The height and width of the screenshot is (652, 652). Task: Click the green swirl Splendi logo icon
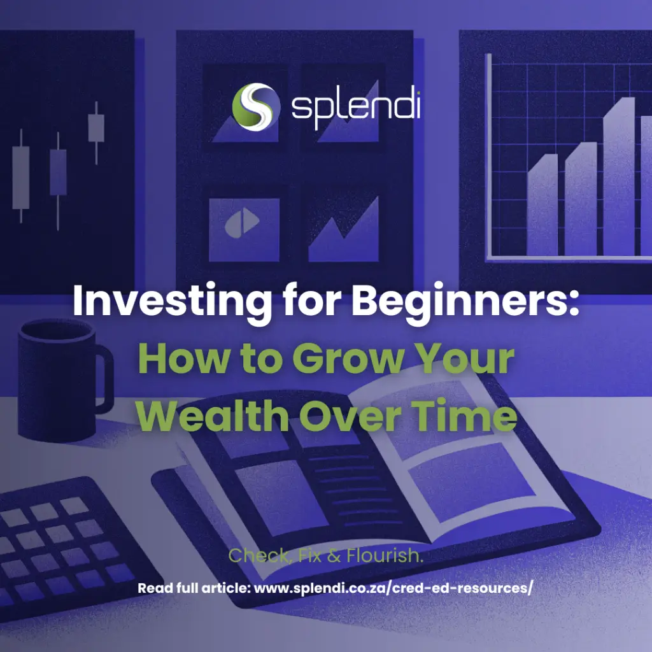256,106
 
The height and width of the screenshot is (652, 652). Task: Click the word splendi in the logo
355,106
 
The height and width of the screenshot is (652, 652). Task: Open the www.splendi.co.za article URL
393,588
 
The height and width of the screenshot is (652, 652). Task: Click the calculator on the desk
66,549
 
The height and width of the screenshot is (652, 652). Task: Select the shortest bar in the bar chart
542,204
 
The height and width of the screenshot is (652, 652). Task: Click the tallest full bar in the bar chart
619,176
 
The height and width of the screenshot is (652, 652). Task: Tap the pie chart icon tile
244,229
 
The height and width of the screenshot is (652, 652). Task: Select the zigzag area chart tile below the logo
343,229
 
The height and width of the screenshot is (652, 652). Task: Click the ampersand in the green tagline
334,555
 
